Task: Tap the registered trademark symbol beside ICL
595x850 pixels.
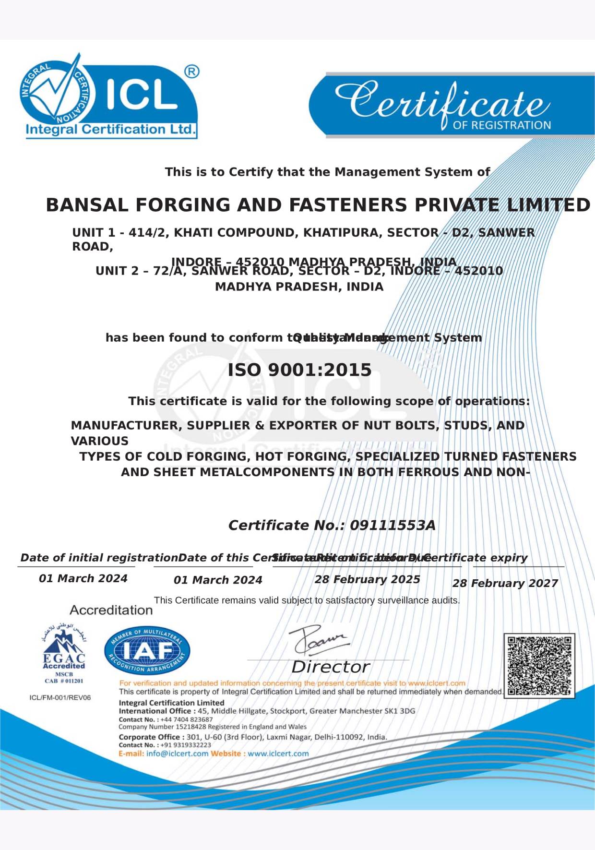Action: tap(191, 72)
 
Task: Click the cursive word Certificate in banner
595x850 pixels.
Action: tap(441, 101)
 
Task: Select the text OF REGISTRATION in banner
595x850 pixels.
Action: tap(501, 125)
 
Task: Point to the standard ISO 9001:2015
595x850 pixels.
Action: tap(299, 370)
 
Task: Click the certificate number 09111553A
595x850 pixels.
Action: tap(393, 525)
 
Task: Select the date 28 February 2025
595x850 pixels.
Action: tap(367, 579)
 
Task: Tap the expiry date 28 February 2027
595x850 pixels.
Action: tap(505, 583)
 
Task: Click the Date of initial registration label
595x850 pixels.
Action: tap(99, 558)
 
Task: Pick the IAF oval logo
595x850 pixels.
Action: tap(147, 651)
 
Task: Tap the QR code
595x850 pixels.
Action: tap(539, 666)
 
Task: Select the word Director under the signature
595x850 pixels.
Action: tap(330, 667)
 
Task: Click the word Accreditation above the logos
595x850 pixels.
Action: tap(111, 610)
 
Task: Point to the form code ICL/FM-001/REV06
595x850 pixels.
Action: tap(60, 697)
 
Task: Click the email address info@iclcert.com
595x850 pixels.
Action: tap(177, 754)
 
